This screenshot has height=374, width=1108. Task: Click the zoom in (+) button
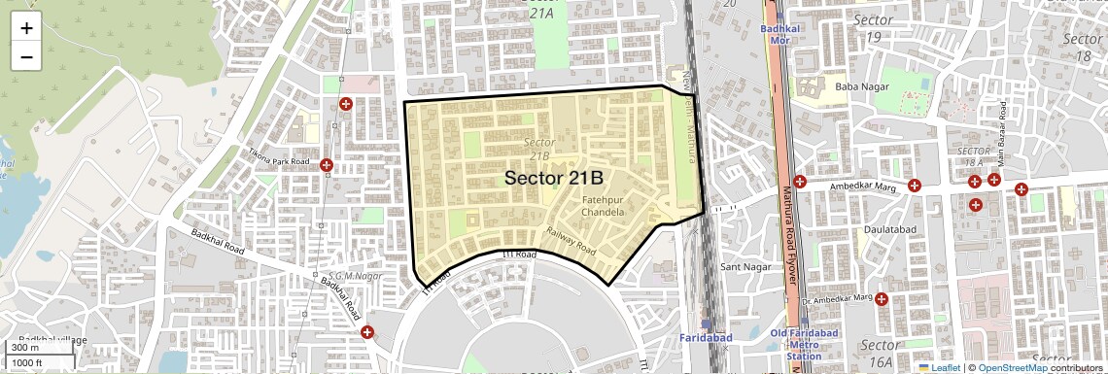point(26,28)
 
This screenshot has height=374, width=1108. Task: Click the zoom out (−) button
point(26,56)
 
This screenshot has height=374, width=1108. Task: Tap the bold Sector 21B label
point(554,179)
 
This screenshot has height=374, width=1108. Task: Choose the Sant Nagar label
point(744,266)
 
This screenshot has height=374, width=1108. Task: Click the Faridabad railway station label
point(706,337)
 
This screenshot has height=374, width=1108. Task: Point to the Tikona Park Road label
point(279,162)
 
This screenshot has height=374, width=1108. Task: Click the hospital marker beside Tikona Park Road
point(327,166)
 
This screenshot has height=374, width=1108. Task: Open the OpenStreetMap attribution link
point(1012,367)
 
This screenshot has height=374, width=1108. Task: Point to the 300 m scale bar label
point(24,348)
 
